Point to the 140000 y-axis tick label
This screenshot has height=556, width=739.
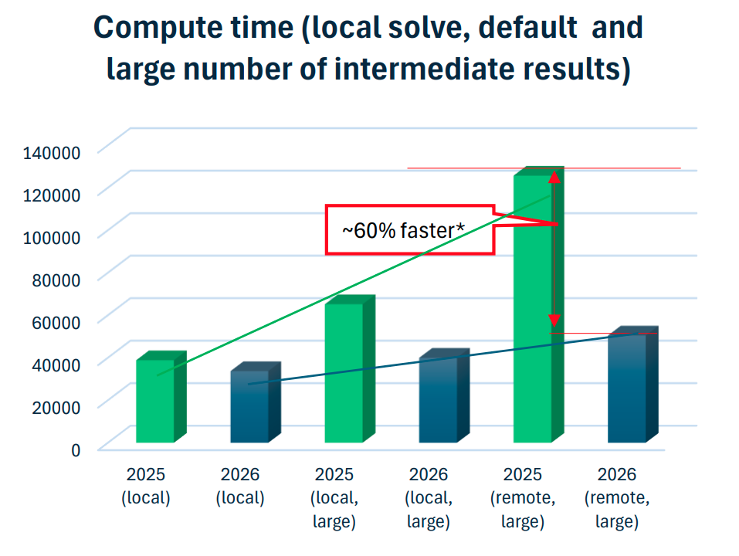click(x=52, y=153)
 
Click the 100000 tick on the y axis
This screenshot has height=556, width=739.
click(x=52, y=238)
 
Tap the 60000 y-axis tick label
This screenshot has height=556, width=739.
click(x=56, y=322)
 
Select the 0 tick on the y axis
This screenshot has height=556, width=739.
click(x=76, y=450)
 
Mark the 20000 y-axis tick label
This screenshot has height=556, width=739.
click(x=56, y=407)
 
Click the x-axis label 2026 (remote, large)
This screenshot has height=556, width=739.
click(x=617, y=497)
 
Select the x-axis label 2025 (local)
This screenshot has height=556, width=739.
click(x=146, y=486)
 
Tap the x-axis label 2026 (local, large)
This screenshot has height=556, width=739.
click(x=429, y=497)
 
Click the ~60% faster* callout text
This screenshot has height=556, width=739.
click(x=403, y=230)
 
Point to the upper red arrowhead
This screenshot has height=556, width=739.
click(x=554, y=177)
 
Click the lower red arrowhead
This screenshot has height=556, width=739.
click(x=554, y=321)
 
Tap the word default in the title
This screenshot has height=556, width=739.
click(x=527, y=27)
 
